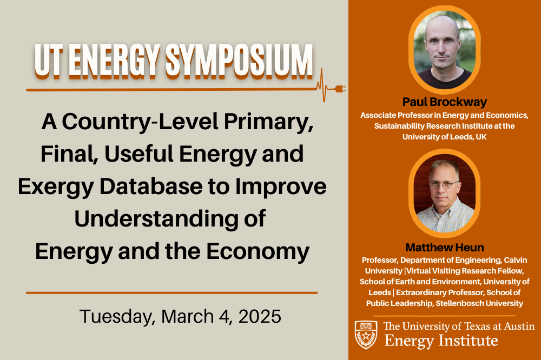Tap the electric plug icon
(x=340, y=89)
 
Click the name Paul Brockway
(x=444, y=102)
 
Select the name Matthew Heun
(x=444, y=247)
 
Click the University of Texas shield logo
(x=366, y=335)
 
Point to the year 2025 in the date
(x=260, y=316)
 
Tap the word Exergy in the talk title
(x=56, y=186)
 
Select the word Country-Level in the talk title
(x=141, y=122)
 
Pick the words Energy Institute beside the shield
(x=441, y=341)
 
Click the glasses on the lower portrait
(x=444, y=184)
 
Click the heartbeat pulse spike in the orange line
(x=324, y=85)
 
